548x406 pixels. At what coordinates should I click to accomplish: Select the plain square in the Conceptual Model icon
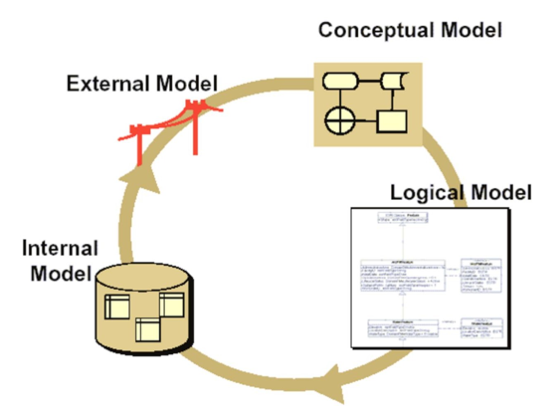pyautogui.click(x=392, y=121)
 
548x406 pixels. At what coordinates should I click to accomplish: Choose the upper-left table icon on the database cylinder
pyautogui.click(x=117, y=308)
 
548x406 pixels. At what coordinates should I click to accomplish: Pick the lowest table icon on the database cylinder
pyautogui.click(x=147, y=330)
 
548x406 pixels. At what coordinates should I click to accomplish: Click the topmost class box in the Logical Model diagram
pyautogui.click(x=403, y=218)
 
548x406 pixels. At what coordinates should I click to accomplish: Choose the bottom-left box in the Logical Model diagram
pyautogui.click(x=403, y=328)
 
